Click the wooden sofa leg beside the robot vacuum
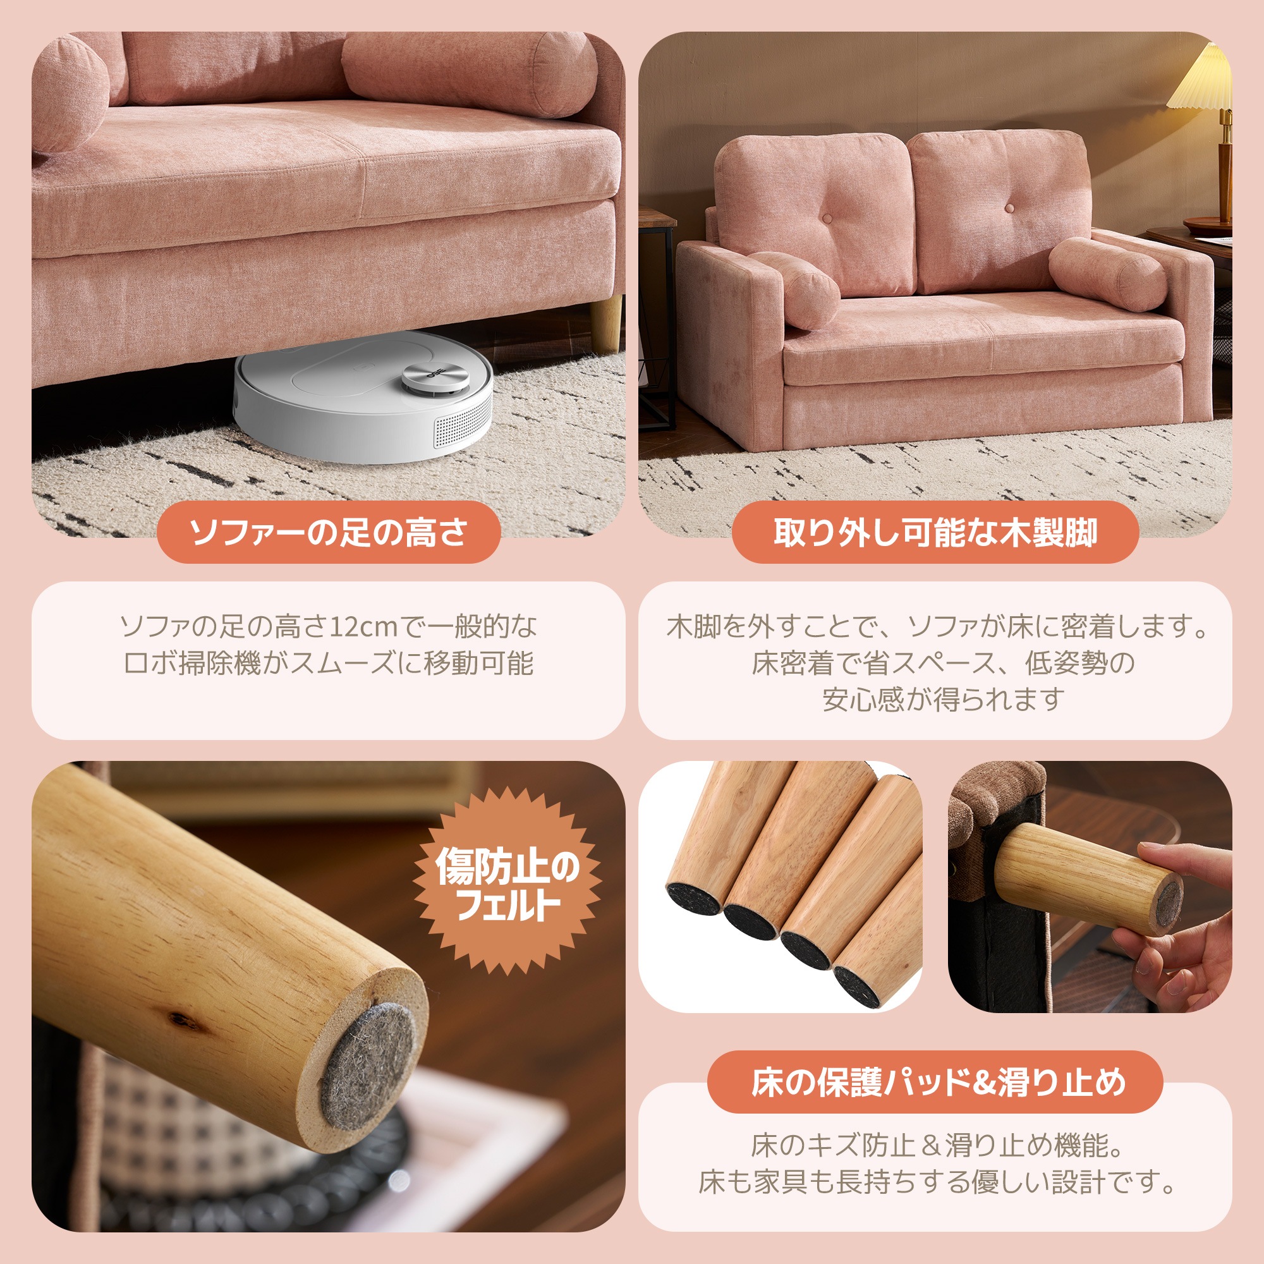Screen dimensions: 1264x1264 (606, 323)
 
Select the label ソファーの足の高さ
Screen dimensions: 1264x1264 (329, 532)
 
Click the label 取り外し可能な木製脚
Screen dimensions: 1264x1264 (935, 532)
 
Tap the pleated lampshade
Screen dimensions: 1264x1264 (1201, 80)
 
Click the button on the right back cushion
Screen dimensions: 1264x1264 (1008, 209)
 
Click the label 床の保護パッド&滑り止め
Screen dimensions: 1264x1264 (935, 1082)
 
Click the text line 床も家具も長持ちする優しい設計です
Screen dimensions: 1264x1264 (935, 1182)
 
